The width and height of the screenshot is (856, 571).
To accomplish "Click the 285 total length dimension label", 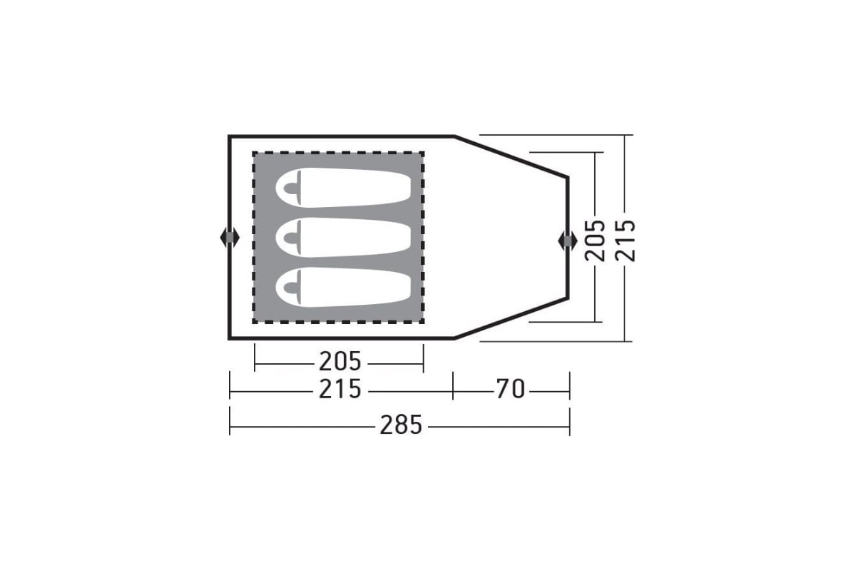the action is tap(400, 425).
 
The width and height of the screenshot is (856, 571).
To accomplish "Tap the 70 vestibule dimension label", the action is tap(511, 389).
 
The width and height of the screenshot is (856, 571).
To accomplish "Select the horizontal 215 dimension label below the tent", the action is tap(340, 389).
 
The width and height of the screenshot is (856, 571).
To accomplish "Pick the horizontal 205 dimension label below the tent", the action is tap(340, 361).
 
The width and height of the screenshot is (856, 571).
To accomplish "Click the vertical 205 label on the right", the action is tap(595, 241).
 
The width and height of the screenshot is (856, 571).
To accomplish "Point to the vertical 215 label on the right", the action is tap(625, 241).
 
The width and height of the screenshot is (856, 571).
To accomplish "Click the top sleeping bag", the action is tap(343, 188).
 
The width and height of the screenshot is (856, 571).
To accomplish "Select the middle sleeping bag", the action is tap(343, 237).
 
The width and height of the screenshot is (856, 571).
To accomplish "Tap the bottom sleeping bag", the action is tap(343, 287).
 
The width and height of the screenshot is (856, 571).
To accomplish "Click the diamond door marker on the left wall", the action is tap(230, 238).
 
